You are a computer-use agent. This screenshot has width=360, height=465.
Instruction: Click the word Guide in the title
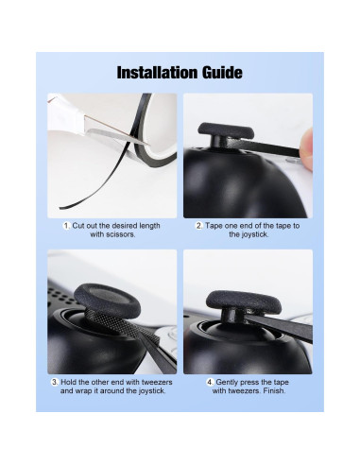coord(221,73)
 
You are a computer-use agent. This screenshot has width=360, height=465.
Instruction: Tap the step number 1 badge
coord(67,226)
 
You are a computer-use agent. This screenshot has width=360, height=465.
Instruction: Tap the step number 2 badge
coord(198,226)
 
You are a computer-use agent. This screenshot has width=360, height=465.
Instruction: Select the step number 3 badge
coord(56,382)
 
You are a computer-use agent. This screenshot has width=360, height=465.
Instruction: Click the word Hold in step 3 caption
coord(71,382)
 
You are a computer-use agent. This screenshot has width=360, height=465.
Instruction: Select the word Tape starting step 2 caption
coord(214,226)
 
